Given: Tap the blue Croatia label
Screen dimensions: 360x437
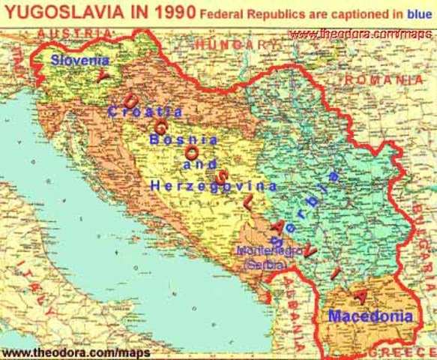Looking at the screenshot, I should click(145, 111).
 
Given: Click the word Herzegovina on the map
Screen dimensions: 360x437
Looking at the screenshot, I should click(214, 185).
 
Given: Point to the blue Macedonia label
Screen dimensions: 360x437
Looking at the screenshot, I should click(370, 316).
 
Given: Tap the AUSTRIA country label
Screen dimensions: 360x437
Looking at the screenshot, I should click(71, 34).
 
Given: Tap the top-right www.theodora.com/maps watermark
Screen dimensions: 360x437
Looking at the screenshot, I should click(362, 34).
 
